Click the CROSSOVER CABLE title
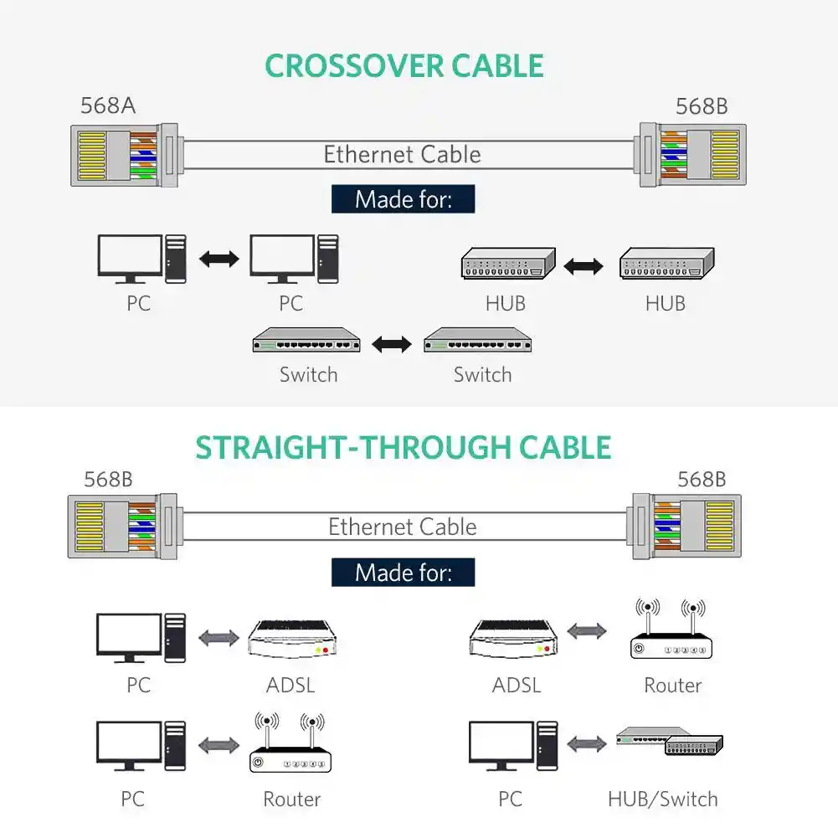coord(404,66)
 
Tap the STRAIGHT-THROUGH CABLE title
coord(404,448)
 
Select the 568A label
coord(108,106)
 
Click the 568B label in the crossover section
coord(702,106)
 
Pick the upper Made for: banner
coord(403,199)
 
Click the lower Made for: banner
coord(403,573)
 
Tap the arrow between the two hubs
coord(584,266)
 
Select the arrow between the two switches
coord(392,343)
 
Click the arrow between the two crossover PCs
coord(219,259)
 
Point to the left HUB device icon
coord(507,265)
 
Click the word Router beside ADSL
coord(672,686)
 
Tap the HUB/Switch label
coord(662,799)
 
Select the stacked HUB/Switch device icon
coord(669,742)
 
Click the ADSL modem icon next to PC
coord(292,640)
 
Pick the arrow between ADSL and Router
coord(587,631)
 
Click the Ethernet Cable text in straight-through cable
coord(403,527)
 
